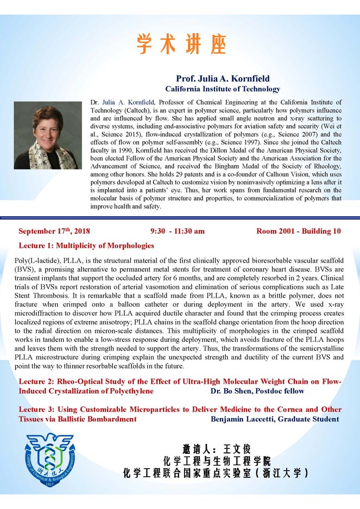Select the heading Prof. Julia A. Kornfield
tap(223, 79)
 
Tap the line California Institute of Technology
tap(223, 89)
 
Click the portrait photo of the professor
tap(48, 135)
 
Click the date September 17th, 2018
tap(54, 231)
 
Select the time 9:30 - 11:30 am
tap(177, 231)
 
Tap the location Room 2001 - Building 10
tap(298, 231)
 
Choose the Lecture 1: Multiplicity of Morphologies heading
tap(86, 246)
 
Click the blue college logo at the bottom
tap(50, 459)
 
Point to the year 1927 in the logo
tap(50, 483)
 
